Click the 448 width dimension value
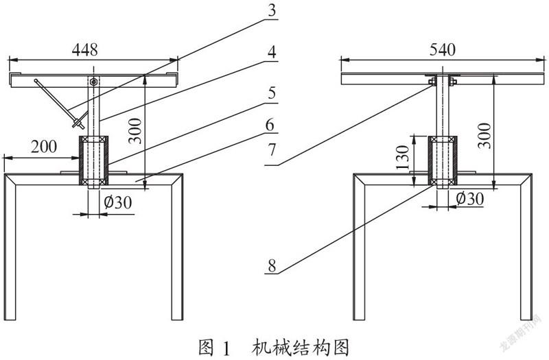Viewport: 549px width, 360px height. tap(84, 49)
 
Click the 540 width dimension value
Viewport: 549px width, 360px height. tap(443, 49)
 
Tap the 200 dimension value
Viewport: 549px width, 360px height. tap(44, 147)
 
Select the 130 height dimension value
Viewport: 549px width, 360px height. tap(403, 158)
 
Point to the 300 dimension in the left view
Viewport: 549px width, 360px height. tap(135, 131)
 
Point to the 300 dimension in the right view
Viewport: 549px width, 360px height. tap(484, 135)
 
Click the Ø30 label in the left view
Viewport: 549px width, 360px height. tap(118, 202)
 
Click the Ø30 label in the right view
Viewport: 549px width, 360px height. tap(470, 199)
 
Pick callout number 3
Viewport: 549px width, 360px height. tap(272, 11)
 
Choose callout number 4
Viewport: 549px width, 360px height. tap(272, 52)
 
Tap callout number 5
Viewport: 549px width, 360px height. tap(272, 93)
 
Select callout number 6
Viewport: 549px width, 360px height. tap(270, 125)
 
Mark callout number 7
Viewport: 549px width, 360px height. tap(272, 149)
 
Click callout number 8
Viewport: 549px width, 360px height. tap(272, 266)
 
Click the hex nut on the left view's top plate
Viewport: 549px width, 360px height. tap(93, 82)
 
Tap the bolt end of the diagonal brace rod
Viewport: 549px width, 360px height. tap(78, 124)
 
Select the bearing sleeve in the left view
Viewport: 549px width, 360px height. tap(93, 160)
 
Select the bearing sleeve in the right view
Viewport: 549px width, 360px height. tap(443, 160)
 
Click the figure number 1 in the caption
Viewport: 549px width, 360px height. tap(226, 348)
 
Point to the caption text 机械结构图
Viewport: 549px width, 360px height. tap(301, 348)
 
